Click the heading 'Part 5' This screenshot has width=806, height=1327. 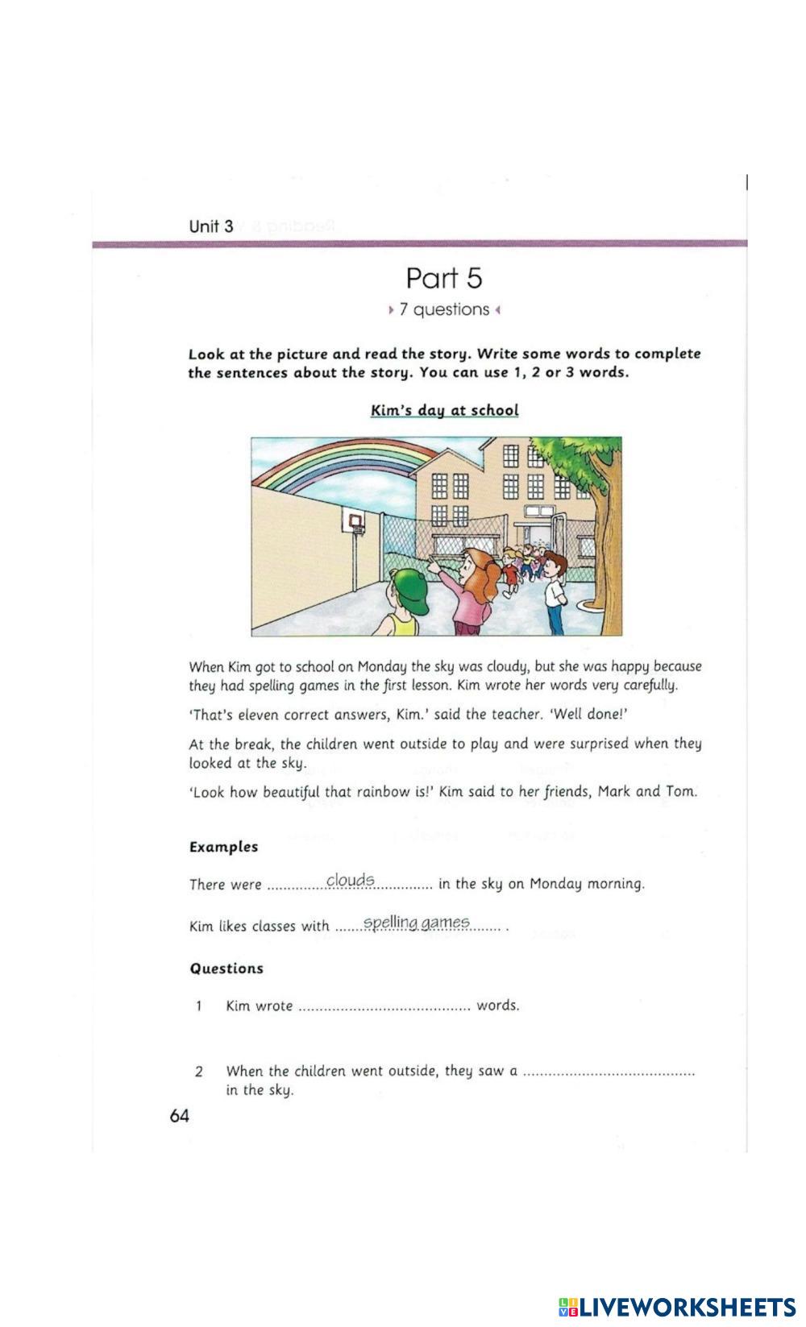tap(444, 278)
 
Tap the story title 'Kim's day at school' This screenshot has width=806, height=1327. tap(444, 410)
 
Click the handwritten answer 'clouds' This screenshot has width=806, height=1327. tap(351, 879)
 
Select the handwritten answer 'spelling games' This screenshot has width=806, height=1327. tap(416, 922)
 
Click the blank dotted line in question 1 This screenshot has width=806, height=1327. tap(384, 1007)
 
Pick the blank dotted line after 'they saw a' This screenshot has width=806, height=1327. tap(609, 1072)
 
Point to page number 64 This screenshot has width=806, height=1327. tap(180, 1116)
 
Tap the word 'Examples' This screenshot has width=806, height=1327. tap(223, 847)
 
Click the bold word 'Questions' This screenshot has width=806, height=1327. tap(226, 968)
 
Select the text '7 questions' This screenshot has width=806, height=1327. tap(444, 309)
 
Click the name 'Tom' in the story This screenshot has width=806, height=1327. tap(680, 791)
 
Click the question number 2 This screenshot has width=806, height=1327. tap(198, 1072)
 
